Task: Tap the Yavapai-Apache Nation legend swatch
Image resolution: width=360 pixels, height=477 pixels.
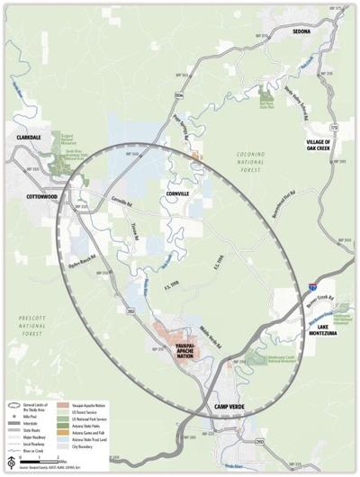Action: tap(68, 405)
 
